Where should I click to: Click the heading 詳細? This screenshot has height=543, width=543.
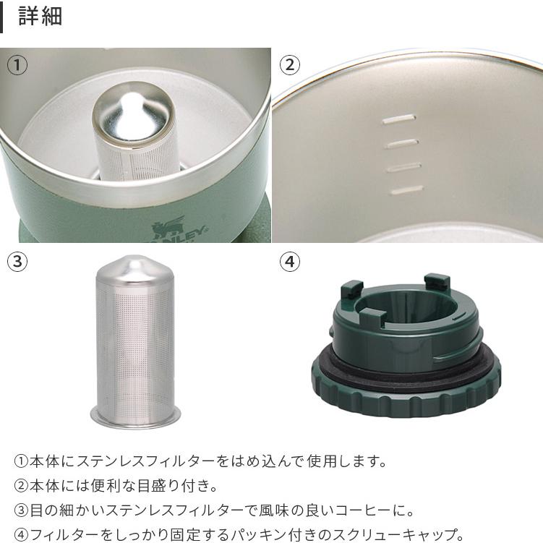pyautogui.click(x=40, y=17)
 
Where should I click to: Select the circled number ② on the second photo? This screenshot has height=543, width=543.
pyautogui.click(x=289, y=65)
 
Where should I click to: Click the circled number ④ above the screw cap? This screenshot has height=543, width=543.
pyautogui.click(x=289, y=262)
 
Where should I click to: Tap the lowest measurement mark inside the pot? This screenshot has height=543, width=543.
pyautogui.click(x=406, y=191)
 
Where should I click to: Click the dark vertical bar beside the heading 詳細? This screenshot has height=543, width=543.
pyautogui.click(x=2, y=17)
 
